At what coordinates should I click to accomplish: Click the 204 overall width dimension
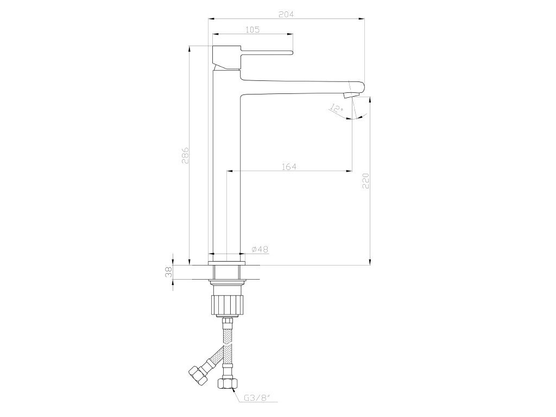click(x=286, y=15)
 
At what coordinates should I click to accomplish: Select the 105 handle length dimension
click(x=252, y=30)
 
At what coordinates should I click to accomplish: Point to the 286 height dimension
click(x=185, y=155)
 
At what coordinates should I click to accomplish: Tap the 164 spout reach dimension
click(x=289, y=167)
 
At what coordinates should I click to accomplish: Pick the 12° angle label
click(x=337, y=109)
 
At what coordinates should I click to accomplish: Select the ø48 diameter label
click(x=260, y=249)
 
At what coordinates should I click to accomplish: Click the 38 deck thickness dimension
click(x=169, y=273)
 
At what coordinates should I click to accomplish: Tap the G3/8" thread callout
click(x=257, y=398)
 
